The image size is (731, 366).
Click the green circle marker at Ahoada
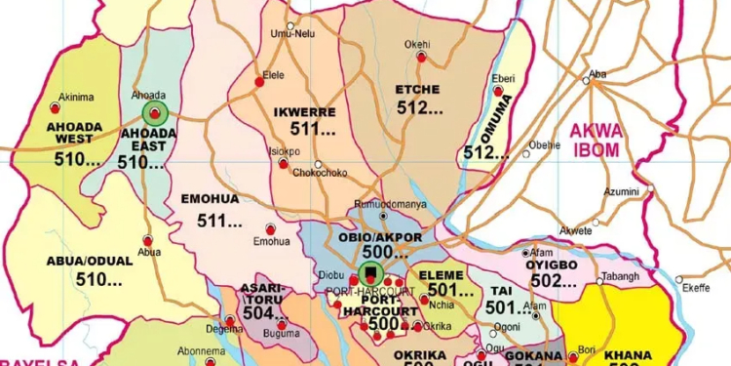click(x=156, y=114)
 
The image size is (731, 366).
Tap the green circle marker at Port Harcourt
click(x=370, y=272)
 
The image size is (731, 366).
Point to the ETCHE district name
click(x=417, y=89)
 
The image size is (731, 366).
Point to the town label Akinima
click(x=76, y=97)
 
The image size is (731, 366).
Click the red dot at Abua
click(x=148, y=239)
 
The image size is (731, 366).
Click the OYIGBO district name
click(x=552, y=264)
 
